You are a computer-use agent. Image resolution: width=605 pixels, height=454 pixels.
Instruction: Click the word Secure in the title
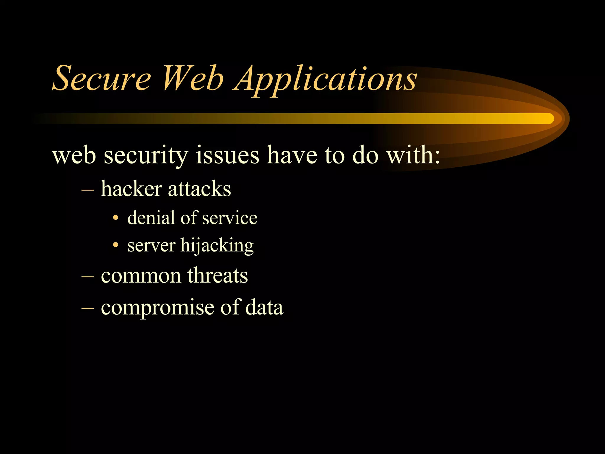(101, 78)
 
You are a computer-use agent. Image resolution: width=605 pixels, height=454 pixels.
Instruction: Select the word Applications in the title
(325, 79)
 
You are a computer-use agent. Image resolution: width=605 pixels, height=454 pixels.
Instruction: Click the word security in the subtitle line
(146, 156)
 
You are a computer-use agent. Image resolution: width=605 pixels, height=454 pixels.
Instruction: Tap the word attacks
(199, 189)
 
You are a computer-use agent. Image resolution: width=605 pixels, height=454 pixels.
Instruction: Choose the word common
(141, 276)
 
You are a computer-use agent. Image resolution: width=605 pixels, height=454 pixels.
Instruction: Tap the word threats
(217, 275)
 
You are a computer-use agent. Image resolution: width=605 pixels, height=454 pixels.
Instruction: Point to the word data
(264, 307)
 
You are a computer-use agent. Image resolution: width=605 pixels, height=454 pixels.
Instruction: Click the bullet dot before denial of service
(116, 218)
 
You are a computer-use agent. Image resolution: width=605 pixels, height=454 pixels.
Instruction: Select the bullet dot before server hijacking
(116, 245)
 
